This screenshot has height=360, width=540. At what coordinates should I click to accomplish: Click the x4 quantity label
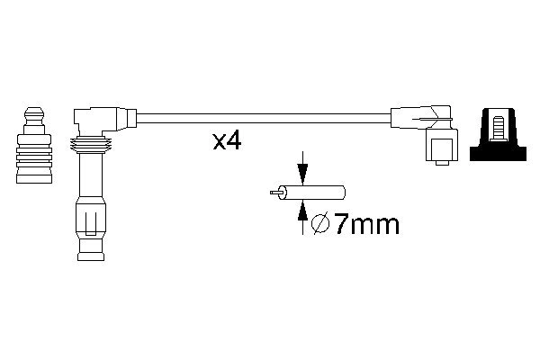226,141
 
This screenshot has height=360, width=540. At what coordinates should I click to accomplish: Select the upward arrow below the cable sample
301,216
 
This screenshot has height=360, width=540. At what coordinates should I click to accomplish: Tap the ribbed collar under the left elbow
90,146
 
